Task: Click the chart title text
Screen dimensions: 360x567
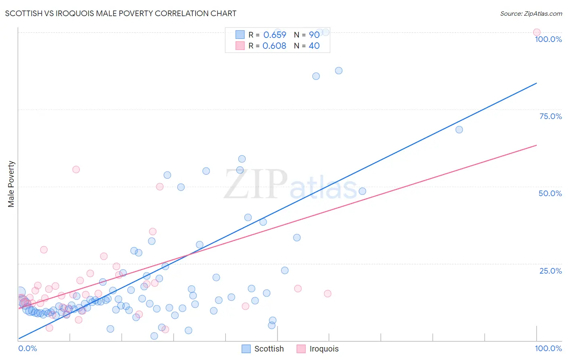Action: coord(121,13)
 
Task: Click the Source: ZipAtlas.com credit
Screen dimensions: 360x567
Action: coord(531,13)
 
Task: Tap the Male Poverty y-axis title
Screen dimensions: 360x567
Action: coord(11,184)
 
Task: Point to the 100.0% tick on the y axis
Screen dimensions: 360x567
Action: coord(548,39)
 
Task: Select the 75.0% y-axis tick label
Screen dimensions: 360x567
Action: coord(550,116)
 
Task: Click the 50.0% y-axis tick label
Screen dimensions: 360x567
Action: coord(550,193)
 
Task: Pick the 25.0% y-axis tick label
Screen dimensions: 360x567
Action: coord(550,270)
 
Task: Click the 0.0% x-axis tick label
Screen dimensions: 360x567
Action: coord(27,348)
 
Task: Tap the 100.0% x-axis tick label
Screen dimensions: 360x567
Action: coord(548,348)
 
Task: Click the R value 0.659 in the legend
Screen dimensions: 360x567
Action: coord(275,35)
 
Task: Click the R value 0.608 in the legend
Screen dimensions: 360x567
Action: coord(274,46)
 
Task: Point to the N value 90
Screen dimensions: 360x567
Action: coord(314,35)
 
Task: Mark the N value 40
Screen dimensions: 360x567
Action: coord(314,46)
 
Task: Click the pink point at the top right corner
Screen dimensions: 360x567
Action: coord(537,32)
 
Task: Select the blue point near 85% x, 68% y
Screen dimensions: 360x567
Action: coord(459,130)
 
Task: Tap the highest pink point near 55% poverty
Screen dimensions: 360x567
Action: coord(76,170)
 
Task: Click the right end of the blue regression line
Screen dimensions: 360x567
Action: coord(537,83)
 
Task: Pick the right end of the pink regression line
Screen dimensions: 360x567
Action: coord(537,145)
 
